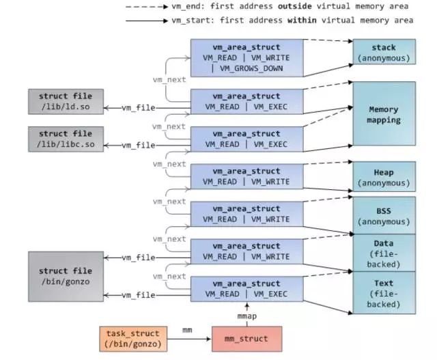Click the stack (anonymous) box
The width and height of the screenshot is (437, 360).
(384, 53)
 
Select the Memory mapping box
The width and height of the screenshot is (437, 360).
(384, 113)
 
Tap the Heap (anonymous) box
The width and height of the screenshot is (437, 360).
(384, 176)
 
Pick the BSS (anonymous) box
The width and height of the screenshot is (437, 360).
(384, 212)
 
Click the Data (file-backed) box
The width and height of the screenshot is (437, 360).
(384, 251)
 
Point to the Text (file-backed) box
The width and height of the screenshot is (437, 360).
(384, 292)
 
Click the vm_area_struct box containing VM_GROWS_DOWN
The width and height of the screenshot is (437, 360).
(246, 58)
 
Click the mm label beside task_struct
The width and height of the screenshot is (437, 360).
(186, 330)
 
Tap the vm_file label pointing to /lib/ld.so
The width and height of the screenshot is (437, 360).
(139, 108)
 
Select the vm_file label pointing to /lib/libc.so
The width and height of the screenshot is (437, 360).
(139, 145)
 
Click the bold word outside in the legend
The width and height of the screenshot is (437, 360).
(296, 6)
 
